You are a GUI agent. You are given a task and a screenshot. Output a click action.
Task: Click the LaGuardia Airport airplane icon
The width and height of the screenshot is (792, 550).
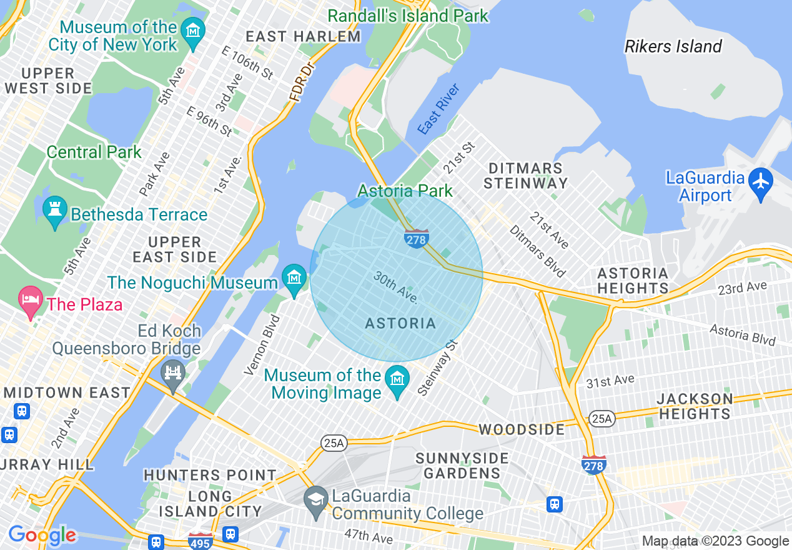point(761,181)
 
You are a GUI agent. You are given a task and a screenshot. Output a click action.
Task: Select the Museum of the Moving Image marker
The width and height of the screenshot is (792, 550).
point(397,379)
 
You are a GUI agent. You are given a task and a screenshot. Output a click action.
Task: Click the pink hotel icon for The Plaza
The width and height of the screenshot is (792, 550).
point(31,299)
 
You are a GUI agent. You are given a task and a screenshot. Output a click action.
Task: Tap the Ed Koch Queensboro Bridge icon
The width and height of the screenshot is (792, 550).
point(173,373)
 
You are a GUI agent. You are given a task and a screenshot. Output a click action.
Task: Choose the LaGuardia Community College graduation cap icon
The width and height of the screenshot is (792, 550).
point(315,499)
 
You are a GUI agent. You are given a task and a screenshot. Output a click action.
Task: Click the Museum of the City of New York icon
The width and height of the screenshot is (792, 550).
point(193,29)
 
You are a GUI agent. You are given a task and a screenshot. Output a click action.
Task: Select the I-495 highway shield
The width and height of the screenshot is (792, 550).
point(200,541)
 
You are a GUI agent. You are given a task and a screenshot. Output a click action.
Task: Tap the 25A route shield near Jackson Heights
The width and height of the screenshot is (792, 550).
point(601,418)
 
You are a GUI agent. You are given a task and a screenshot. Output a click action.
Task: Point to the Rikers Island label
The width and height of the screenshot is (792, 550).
point(673,47)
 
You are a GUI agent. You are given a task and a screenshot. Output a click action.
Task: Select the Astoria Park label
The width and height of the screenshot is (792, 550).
point(405,191)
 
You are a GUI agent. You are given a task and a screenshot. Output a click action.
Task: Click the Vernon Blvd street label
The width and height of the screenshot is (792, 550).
point(262,345)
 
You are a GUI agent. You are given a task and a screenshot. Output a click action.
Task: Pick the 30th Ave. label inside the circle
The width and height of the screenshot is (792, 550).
point(395,287)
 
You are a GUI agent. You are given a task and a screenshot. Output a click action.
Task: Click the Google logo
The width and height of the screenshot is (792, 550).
point(42,535)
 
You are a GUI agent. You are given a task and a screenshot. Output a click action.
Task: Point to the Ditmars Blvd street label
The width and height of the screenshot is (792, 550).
point(537,251)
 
